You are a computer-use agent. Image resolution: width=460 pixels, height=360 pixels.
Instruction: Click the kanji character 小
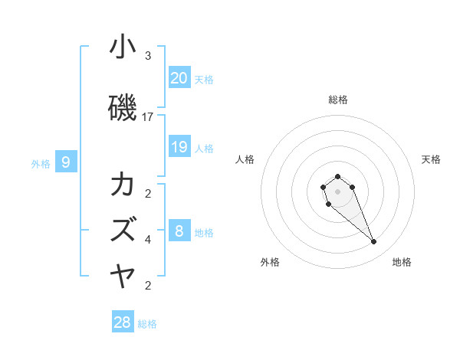click(123, 47)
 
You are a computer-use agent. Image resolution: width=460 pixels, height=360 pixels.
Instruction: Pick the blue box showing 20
click(179, 77)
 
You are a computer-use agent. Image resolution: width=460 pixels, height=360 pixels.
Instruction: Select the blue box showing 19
click(179, 147)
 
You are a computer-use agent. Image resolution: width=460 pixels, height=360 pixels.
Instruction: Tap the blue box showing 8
click(179, 231)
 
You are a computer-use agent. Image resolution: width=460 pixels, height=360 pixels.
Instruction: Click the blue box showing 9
click(66, 162)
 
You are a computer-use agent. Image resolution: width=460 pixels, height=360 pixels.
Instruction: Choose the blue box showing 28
click(123, 322)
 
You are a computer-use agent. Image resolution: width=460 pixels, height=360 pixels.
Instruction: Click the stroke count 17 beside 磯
click(148, 117)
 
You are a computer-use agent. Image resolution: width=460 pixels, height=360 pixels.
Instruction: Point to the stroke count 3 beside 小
click(148, 56)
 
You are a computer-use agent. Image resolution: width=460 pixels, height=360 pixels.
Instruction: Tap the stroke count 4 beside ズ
click(148, 240)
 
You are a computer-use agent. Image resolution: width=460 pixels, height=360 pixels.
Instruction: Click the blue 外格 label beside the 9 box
click(41, 163)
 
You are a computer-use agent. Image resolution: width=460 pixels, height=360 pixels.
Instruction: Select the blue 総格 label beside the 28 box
click(147, 324)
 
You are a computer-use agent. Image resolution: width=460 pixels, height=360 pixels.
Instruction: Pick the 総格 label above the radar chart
click(337, 100)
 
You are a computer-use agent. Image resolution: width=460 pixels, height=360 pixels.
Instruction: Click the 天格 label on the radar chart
click(431, 159)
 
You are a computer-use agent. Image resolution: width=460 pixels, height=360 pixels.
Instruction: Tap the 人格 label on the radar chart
click(245, 159)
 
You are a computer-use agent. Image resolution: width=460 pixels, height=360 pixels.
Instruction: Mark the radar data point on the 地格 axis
click(373, 242)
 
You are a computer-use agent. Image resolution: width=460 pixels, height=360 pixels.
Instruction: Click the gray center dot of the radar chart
click(337, 191)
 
